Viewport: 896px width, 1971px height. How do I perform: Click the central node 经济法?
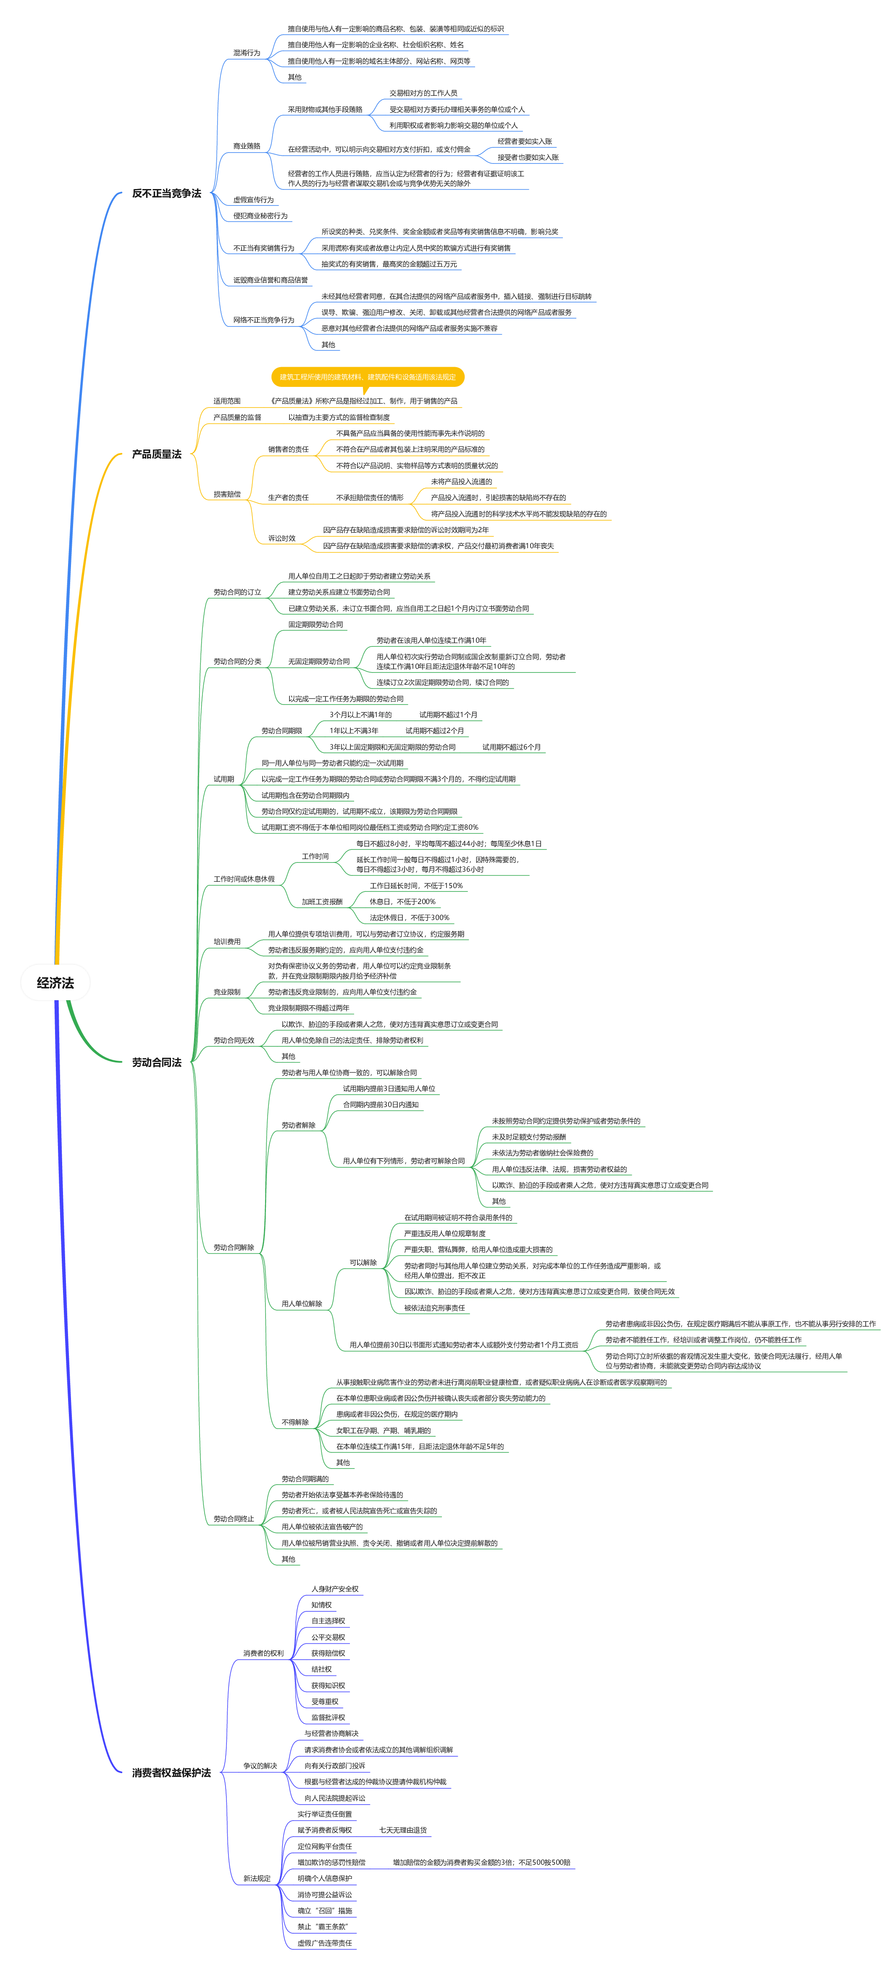[x=55, y=983]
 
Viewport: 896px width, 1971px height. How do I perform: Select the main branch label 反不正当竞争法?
[x=166, y=194]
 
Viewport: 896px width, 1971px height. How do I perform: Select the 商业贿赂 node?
[x=247, y=145]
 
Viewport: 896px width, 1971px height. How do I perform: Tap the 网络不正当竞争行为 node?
[x=263, y=320]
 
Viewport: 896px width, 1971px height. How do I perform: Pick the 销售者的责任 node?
[x=288, y=449]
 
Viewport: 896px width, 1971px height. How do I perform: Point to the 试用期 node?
[x=223, y=779]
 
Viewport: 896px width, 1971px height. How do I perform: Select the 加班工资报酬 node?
[x=322, y=902]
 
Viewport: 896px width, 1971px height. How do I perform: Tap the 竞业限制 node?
[x=226, y=992]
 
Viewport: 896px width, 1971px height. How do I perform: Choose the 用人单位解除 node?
[x=302, y=1303]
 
